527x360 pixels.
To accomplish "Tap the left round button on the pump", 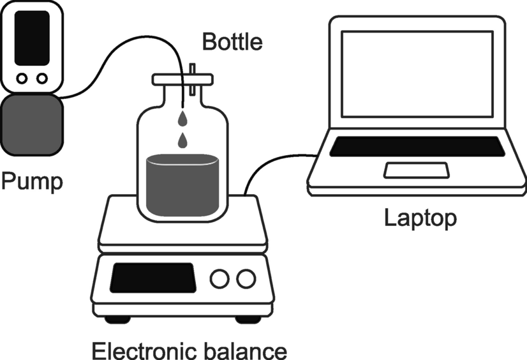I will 22,79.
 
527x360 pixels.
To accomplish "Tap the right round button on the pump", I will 42,79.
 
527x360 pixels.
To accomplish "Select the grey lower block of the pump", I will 32,124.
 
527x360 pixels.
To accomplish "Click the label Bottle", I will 232,42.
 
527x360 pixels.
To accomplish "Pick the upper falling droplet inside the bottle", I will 183,118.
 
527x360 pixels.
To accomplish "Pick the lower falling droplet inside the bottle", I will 183,139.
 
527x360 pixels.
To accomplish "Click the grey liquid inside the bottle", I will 182,185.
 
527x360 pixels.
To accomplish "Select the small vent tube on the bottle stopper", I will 192,71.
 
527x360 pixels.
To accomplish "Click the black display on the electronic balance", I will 152,277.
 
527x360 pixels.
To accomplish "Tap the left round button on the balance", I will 220,278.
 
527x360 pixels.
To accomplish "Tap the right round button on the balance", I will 245,278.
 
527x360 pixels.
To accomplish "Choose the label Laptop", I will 420,218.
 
